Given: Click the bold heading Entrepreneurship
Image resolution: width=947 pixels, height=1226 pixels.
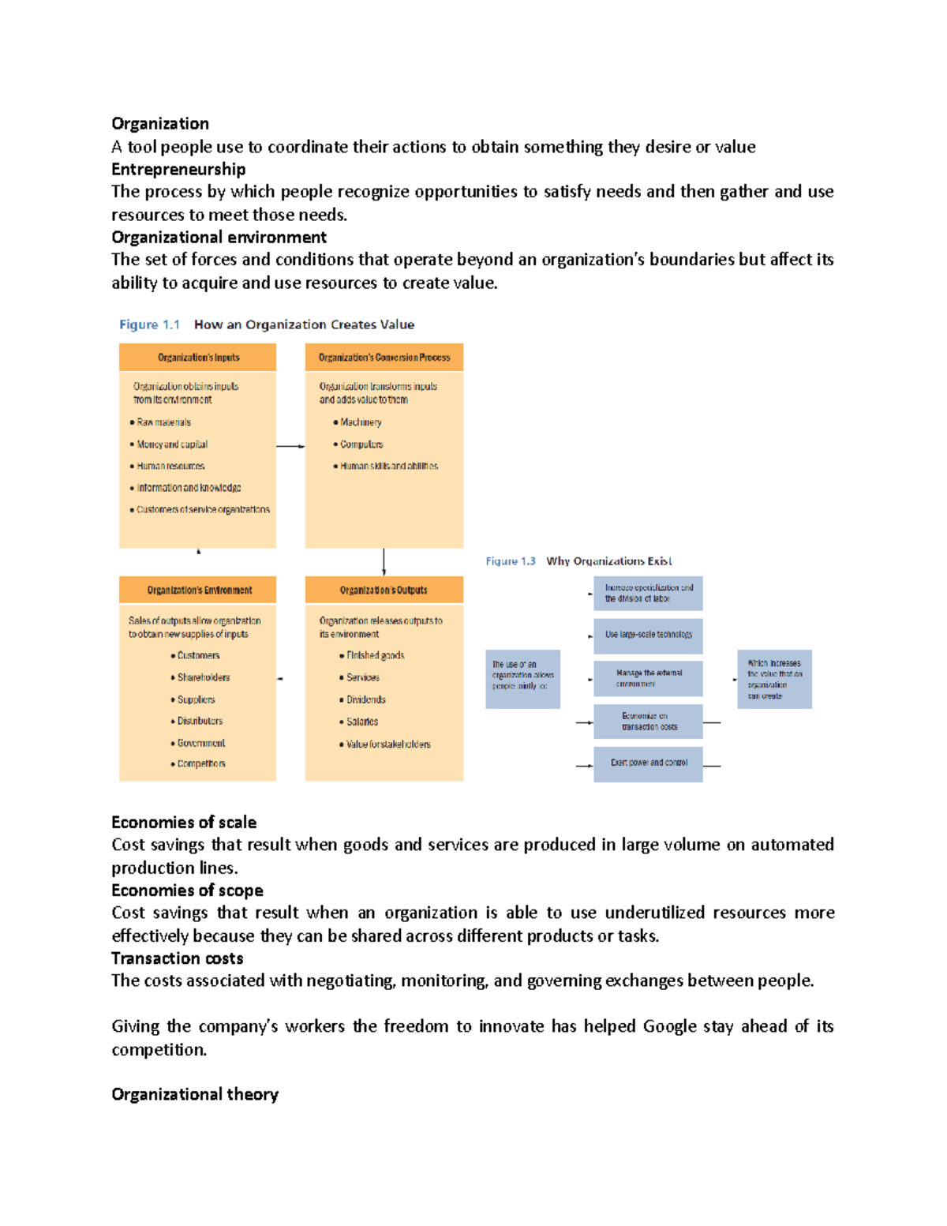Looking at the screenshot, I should point(178,169).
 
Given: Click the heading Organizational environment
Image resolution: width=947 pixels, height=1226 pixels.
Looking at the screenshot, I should point(219,237).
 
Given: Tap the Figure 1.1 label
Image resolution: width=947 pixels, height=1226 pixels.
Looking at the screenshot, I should point(149,324).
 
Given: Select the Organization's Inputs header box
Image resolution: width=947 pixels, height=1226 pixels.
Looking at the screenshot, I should point(198,358).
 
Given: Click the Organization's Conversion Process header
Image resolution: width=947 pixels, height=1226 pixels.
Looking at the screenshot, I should point(384,358).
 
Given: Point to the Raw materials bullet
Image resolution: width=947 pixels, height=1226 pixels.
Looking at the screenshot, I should point(163,422).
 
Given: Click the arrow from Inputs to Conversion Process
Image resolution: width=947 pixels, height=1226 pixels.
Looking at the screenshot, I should point(290,447).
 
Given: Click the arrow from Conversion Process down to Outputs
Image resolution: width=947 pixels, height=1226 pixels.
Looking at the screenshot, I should point(384,561).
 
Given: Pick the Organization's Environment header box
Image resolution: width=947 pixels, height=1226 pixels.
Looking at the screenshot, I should point(199,590).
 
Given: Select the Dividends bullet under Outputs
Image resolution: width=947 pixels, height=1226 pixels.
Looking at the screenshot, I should point(365,699).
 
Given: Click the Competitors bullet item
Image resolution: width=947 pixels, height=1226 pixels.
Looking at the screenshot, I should point(200,763).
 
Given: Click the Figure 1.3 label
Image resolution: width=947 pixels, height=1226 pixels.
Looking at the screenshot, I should point(511,561).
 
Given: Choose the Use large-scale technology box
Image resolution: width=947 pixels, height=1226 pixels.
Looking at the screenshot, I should point(648,635).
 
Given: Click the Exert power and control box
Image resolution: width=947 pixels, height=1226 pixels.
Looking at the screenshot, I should point(648,763).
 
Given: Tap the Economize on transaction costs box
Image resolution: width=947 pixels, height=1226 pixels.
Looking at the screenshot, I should point(648,722).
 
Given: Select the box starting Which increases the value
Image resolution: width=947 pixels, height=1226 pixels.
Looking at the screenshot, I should point(774,679).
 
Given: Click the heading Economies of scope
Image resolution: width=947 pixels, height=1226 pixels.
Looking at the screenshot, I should point(187,890).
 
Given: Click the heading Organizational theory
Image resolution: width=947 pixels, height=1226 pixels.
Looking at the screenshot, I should point(195,1094).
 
